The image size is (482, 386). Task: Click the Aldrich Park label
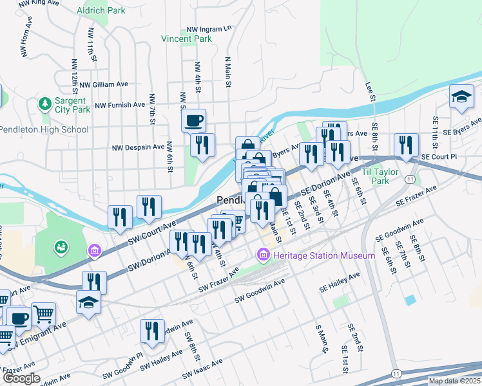[x=100, y=11]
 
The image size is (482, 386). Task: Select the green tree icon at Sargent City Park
[x=45, y=103]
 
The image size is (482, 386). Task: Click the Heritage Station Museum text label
[x=323, y=256]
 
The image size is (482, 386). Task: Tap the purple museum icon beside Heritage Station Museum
[x=263, y=256]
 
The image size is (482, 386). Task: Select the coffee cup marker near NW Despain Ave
[x=194, y=120]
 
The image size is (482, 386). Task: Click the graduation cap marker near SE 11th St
[x=461, y=96]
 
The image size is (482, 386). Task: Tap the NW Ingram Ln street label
[x=208, y=30]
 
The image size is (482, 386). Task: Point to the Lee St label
[x=370, y=90]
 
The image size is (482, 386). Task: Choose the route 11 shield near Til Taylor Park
[x=410, y=179]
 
